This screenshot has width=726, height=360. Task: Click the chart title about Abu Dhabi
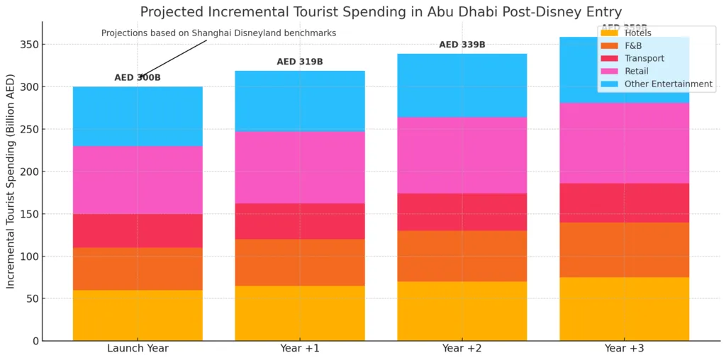[x=381, y=12]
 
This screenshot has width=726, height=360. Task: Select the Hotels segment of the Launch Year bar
[x=138, y=315]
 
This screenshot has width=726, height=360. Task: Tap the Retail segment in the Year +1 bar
[x=300, y=167]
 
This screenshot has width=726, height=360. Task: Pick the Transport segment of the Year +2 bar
[x=462, y=212]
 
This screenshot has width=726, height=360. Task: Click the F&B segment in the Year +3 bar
[x=624, y=249]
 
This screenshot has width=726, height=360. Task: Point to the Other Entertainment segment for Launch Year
[x=138, y=116]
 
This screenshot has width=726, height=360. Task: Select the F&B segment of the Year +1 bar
[x=300, y=262]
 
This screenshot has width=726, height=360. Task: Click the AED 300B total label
[x=138, y=78]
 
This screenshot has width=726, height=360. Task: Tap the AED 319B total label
[x=300, y=62]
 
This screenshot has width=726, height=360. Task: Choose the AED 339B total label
[x=462, y=45]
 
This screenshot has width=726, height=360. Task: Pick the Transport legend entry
[x=644, y=59]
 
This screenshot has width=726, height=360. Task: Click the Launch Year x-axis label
[x=138, y=349]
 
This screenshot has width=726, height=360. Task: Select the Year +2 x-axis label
[x=462, y=349]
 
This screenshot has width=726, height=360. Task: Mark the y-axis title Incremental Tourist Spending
[x=11, y=191]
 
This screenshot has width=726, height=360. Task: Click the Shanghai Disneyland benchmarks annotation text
[x=218, y=33]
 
